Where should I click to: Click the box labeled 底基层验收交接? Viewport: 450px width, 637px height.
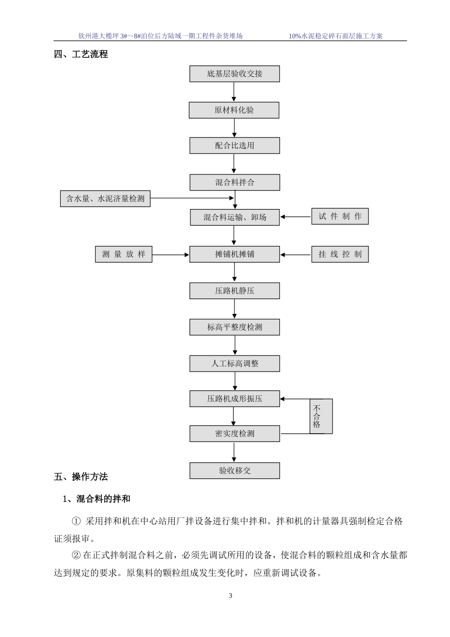tap(234, 74)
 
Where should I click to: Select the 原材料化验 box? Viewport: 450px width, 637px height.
tap(234, 110)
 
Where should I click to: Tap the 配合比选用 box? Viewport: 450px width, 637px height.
tap(234, 146)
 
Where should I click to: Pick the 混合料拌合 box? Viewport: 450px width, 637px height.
tap(234, 182)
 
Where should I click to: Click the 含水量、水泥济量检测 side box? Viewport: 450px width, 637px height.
tap(105, 199)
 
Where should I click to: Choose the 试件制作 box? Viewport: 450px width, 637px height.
tap(340, 217)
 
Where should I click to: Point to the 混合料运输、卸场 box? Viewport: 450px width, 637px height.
tap(234, 218)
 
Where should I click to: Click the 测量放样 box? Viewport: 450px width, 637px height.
tap(124, 255)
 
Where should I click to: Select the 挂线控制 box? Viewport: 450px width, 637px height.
tap(340, 255)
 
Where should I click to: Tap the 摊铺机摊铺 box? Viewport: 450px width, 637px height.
tap(234, 255)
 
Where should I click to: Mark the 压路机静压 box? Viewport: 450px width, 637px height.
tap(234, 291)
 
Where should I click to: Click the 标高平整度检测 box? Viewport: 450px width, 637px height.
tap(234, 328)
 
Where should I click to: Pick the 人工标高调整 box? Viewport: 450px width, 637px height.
tap(234, 364)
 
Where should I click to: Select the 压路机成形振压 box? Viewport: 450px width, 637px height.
tap(234, 399)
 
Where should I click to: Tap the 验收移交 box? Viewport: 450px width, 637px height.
tap(234, 471)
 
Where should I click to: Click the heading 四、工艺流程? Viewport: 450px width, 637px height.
tap(81, 55)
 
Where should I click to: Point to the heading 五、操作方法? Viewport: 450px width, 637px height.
tap(81, 477)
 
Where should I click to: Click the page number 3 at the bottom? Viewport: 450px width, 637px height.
tap(231, 596)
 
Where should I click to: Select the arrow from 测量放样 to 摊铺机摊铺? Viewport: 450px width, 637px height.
tap(171, 255)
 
